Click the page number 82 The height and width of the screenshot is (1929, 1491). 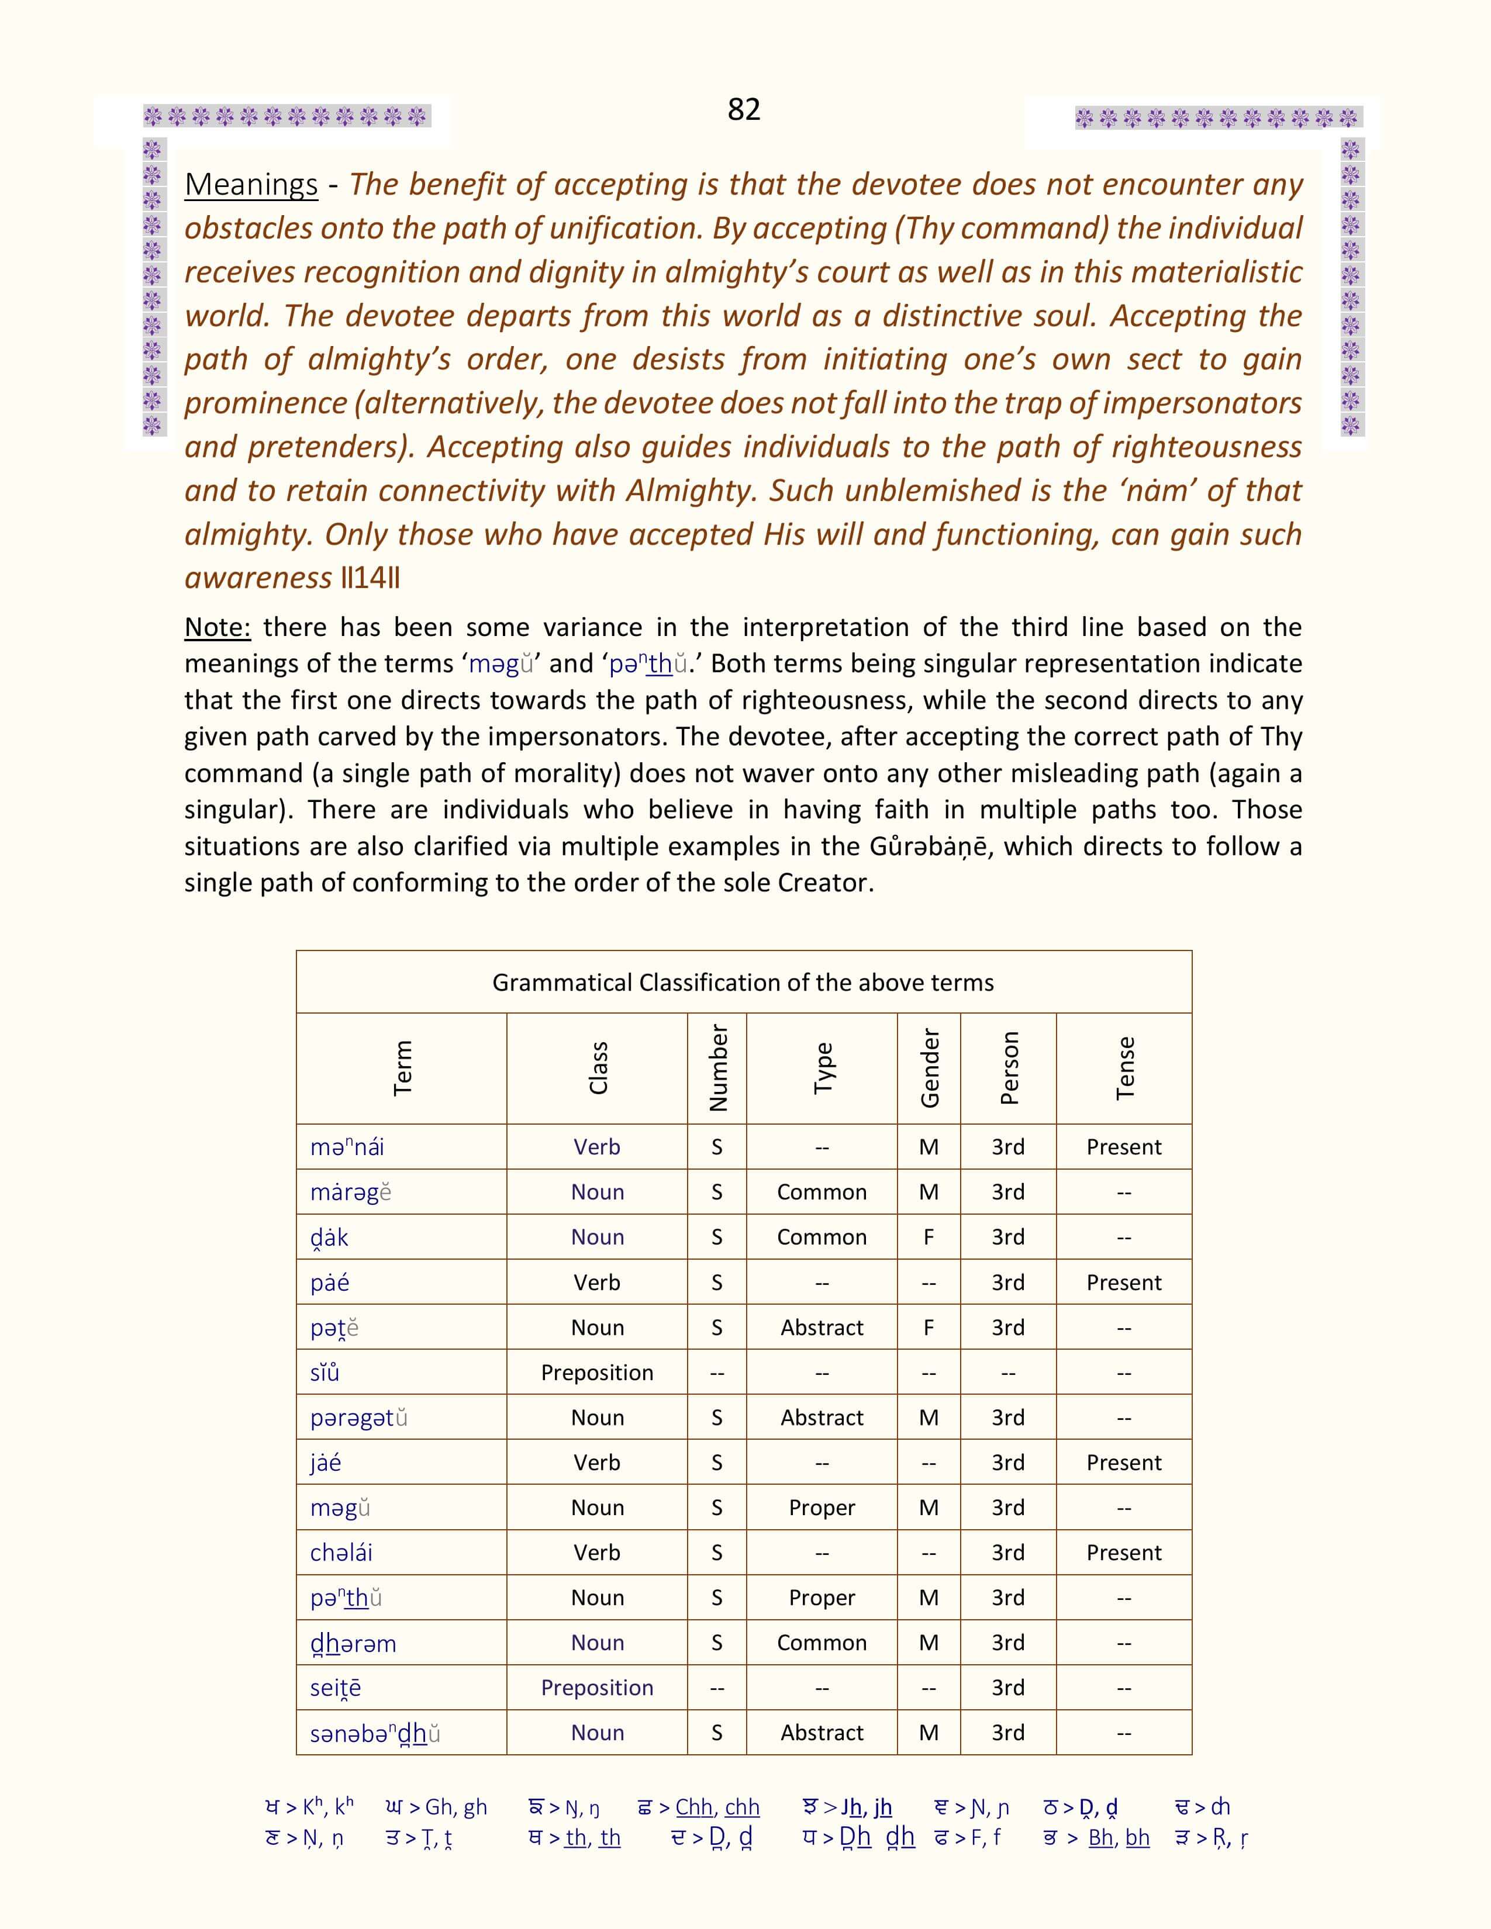(x=744, y=109)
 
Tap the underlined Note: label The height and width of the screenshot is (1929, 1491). (x=218, y=627)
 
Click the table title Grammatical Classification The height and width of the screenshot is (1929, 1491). (x=743, y=982)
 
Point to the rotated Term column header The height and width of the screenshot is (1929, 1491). (x=402, y=1068)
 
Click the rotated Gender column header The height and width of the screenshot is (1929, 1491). (x=929, y=1068)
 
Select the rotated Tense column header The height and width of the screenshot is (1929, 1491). (x=1124, y=1068)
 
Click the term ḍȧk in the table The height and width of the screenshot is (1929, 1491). (x=329, y=1237)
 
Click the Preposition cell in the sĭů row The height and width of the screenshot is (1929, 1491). (x=597, y=1373)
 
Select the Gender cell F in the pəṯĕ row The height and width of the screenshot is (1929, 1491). (x=929, y=1328)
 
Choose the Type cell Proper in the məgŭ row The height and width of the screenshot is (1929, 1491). (x=822, y=1508)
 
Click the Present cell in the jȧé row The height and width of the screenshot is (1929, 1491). (x=1124, y=1463)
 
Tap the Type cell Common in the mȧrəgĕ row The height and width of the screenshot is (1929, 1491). (x=822, y=1192)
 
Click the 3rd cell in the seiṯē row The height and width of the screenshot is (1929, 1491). (x=1008, y=1688)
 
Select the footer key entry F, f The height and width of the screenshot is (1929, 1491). (x=986, y=1837)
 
